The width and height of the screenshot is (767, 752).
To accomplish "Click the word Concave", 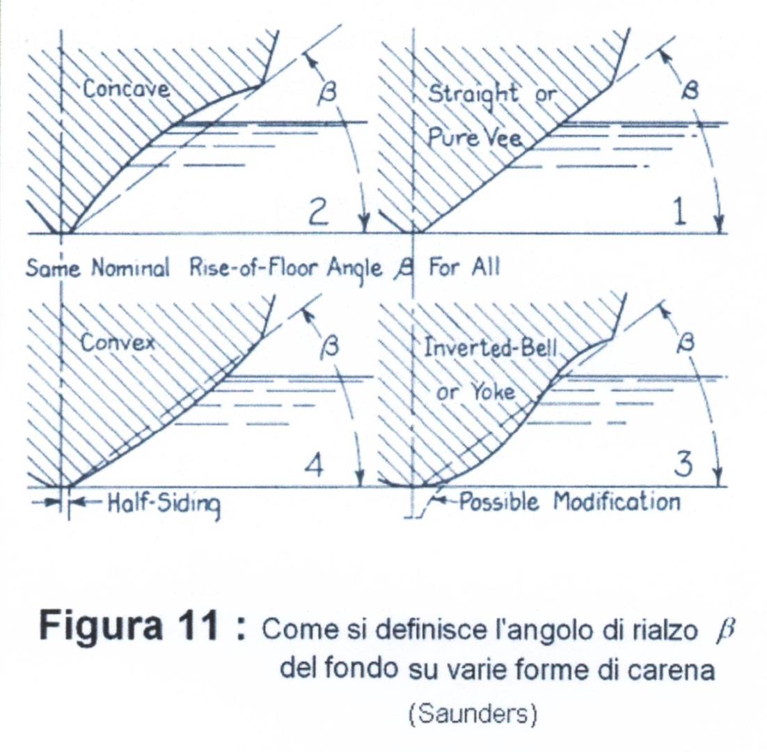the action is tap(126, 88).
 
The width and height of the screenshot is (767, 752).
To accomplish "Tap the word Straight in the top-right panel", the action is tap(473, 93).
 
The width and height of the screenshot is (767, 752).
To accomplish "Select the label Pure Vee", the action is tap(475, 139).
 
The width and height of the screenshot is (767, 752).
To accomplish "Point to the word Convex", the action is tap(118, 343).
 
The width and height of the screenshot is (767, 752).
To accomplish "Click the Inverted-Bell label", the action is tap(490, 348).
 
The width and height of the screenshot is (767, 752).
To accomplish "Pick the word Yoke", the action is tap(493, 393).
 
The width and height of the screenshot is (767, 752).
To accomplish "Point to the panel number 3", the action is tap(683, 464).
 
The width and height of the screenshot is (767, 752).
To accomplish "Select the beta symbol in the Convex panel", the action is tap(330, 347).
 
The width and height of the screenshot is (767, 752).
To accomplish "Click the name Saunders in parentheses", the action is tap(473, 715).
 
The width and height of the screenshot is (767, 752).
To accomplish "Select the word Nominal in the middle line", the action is tap(131, 268).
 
